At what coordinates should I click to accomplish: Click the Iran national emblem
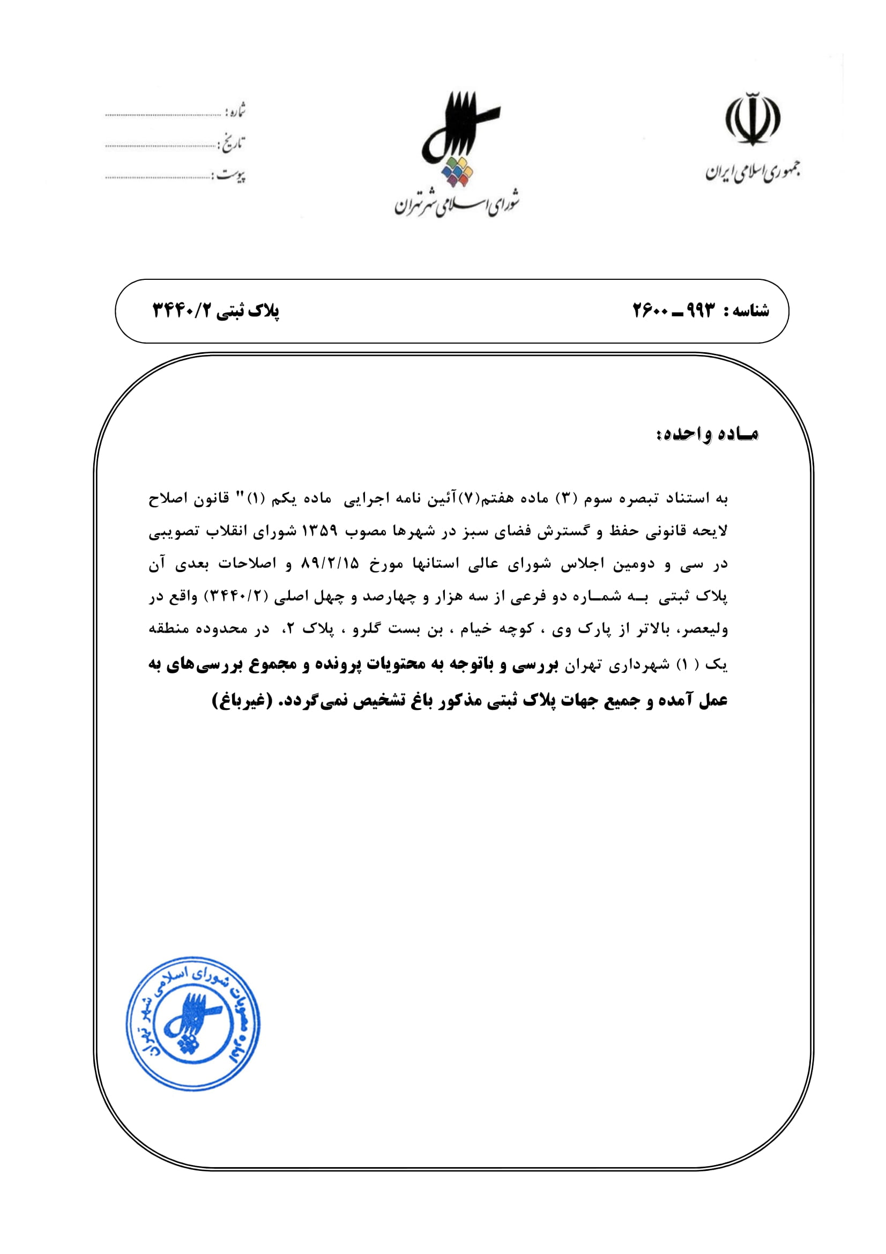point(752,119)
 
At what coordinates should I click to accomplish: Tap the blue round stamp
point(193,1023)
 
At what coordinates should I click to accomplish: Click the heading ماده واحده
point(707,434)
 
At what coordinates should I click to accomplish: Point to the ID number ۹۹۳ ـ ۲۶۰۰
point(673,311)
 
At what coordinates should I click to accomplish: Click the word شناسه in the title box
point(751,311)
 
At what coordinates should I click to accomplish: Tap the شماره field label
point(235,111)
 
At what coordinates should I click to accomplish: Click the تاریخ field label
point(232,143)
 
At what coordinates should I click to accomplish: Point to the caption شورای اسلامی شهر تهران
point(457,203)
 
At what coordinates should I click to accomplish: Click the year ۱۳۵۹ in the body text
point(320,531)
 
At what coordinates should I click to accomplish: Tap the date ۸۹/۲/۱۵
point(330,563)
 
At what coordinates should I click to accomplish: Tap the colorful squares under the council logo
point(457,172)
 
